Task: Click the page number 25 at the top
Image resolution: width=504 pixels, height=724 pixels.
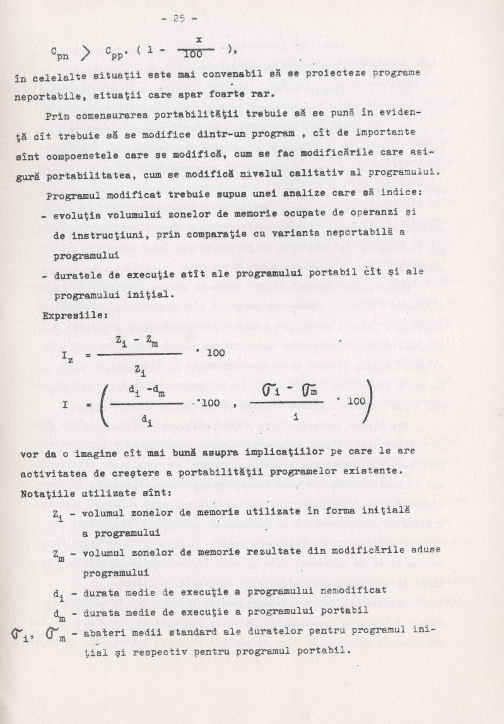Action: [180, 18]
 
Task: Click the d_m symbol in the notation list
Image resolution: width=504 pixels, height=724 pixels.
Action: [58, 613]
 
